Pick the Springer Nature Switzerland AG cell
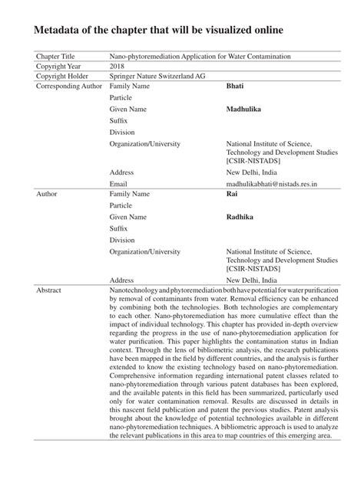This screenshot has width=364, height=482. [157, 76]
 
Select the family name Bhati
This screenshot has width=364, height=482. [234, 87]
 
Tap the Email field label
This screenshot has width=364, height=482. [118, 185]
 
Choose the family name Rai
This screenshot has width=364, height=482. [231, 195]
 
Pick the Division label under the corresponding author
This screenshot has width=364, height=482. [122, 132]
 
